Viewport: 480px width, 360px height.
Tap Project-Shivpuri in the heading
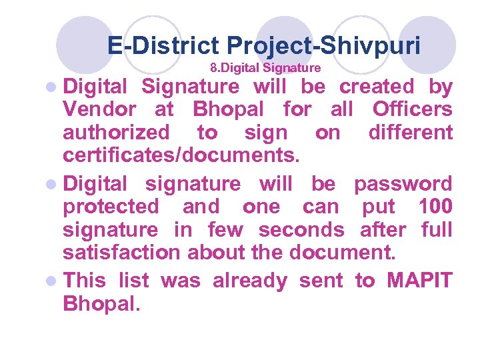coord(323,46)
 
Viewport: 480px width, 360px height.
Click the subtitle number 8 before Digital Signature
coord(213,68)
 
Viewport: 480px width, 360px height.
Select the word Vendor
coord(99,109)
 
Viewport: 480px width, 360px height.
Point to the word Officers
coord(413,109)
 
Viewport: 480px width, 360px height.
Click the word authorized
coord(116,133)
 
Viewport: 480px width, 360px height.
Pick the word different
coord(411,133)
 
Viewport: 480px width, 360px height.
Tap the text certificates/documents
coord(181,156)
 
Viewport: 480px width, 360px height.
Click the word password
coord(403,183)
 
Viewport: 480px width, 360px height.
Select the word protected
coord(111,207)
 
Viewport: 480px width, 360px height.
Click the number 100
coord(436,207)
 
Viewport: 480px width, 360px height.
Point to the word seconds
coord(301,230)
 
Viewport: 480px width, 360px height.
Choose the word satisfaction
coord(121,253)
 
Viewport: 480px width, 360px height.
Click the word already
coord(250,281)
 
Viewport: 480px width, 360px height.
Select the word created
coord(377,87)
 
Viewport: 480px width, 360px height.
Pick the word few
coord(226,230)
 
